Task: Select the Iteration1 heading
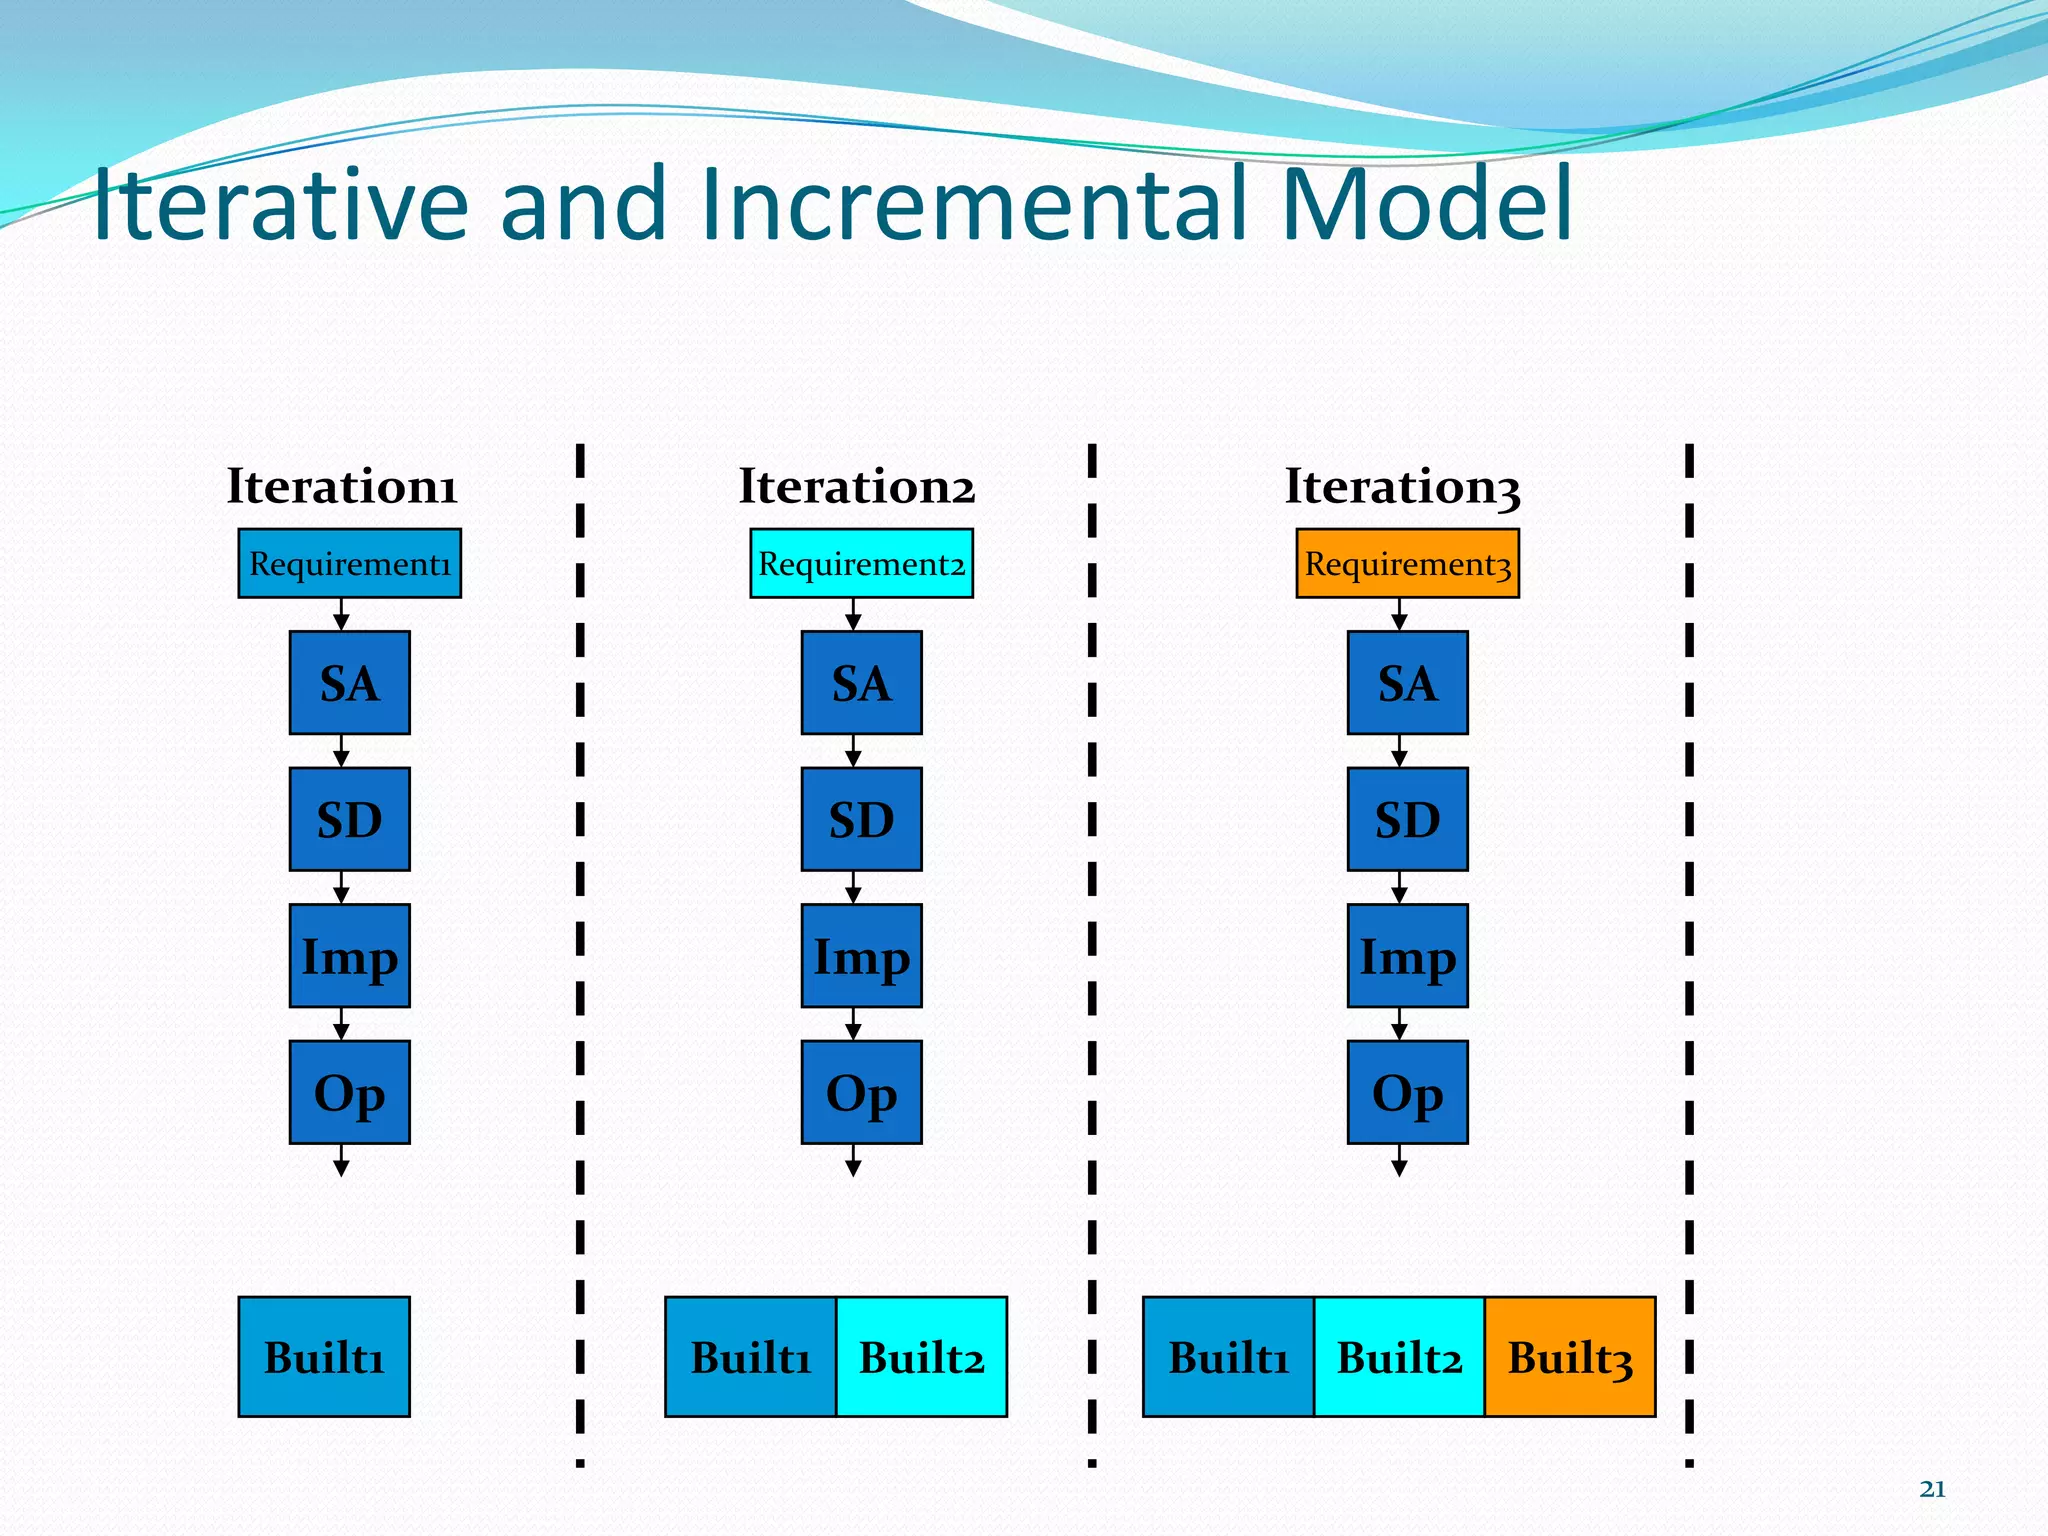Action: point(342,487)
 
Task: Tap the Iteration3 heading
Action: point(1402,487)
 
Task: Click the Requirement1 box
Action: point(349,564)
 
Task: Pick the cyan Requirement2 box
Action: point(861,564)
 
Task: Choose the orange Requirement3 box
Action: point(1407,564)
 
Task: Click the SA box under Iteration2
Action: point(861,683)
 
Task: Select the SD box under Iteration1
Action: point(349,819)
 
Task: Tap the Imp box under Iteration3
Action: point(1407,956)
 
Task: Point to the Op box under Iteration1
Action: point(349,1092)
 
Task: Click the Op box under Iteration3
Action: point(1407,1092)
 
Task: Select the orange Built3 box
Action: point(1569,1357)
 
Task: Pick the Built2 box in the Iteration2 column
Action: point(921,1357)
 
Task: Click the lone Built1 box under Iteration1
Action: point(324,1357)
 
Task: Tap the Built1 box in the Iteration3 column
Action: point(1228,1357)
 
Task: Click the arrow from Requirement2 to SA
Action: point(853,614)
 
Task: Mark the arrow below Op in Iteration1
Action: point(341,1161)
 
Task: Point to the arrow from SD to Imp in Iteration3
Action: point(1399,887)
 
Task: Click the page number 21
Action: point(1932,1489)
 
